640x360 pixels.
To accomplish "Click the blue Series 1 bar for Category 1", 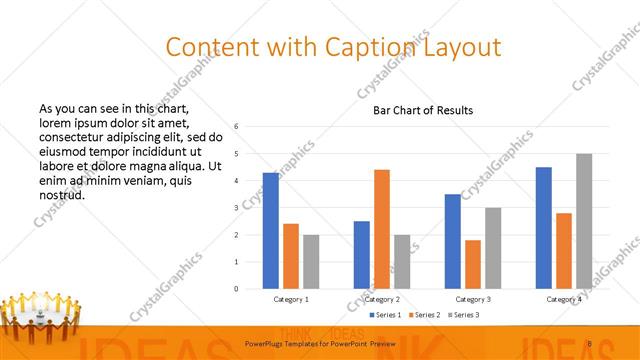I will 271,231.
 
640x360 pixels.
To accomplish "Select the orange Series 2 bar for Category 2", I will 382,229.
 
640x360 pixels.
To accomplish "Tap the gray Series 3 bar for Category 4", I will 584,221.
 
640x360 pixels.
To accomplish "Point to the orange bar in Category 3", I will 473,264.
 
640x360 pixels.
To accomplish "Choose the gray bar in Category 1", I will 311,262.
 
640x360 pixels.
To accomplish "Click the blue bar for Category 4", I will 544,228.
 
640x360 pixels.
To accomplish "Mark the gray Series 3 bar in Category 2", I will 402,262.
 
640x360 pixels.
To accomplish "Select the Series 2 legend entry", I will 429,315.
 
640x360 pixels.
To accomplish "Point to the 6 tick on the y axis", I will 236,127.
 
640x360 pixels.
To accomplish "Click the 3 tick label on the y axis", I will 236,208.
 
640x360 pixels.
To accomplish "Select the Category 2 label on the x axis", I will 382,299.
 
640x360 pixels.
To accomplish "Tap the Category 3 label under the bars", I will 473,299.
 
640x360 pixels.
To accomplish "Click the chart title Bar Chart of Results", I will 423,110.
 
